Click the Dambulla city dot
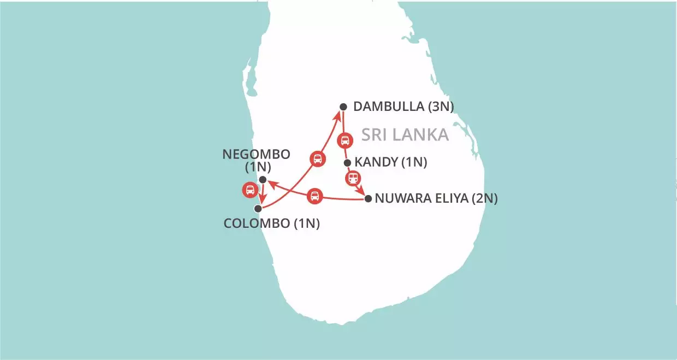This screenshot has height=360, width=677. pos(343,107)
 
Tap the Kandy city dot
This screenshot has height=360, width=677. pos(347,162)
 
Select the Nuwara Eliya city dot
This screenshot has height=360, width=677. pos(368,199)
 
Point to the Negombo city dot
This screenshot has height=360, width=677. pos(263,180)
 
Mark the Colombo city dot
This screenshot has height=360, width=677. pos(258,208)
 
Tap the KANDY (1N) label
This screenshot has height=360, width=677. pos(390,162)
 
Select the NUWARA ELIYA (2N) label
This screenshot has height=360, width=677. pos(436,199)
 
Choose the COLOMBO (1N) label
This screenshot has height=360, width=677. pos(272,223)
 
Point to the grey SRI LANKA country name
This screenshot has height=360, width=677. pos(405,134)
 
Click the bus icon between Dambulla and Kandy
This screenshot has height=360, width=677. pos(345,141)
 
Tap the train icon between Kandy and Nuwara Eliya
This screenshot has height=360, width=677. pos(354,178)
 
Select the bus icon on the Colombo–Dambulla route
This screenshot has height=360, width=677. pos(317,159)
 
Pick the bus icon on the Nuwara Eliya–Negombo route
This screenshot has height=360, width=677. pos(314,196)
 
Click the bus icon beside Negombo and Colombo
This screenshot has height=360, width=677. pos(250,190)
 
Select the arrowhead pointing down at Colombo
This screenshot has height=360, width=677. pos(262,202)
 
